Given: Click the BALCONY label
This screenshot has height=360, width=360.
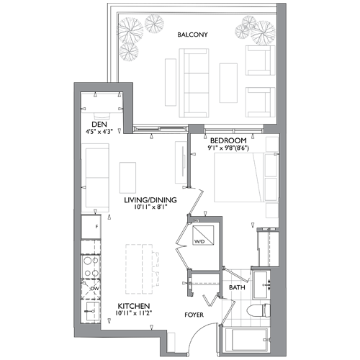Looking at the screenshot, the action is [x=192, y=35].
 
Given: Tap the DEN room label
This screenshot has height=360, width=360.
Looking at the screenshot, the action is [x=99, y=125].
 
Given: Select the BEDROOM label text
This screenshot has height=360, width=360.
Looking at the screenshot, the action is [x=228, y=140].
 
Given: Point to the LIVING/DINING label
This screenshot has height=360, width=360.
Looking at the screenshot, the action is [x=150, y=200].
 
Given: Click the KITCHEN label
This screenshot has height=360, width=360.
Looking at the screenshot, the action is [x=134, y=306].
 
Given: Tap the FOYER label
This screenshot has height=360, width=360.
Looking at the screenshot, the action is [x=194, y=315].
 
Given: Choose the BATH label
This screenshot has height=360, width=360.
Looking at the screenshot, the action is [x=237, y=287].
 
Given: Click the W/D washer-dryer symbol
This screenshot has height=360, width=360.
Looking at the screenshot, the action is [x=203, y=235].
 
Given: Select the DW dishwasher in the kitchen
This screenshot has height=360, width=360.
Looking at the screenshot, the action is [x=91, y=289].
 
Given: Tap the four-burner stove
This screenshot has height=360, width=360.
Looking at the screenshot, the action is [x=91, y=266].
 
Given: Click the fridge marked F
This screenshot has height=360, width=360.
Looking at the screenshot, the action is [x=91, y=227].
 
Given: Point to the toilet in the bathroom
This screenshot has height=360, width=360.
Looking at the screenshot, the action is [x=258, y=310].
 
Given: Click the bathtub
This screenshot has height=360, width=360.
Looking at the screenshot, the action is [x=246, y=341].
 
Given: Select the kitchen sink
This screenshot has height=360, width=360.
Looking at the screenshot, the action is [x=91, y=311].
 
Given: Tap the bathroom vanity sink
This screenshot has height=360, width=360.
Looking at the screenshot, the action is [x=261, y=285].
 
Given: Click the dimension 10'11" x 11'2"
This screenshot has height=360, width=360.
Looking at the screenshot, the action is [x=134, y=313].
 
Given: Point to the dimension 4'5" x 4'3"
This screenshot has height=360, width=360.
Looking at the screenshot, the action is [x=99, y=132].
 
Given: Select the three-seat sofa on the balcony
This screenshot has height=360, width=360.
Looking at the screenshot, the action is [x=194, y=83].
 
